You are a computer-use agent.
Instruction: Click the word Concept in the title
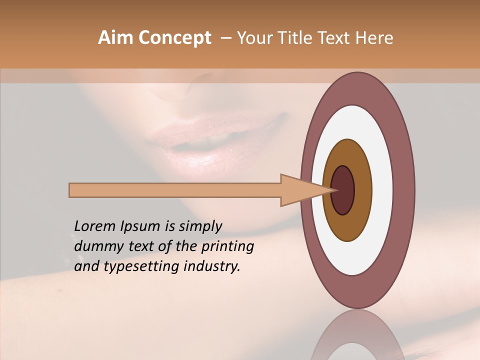(x=174, y=38)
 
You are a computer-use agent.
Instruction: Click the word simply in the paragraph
(x=200, y=226)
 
